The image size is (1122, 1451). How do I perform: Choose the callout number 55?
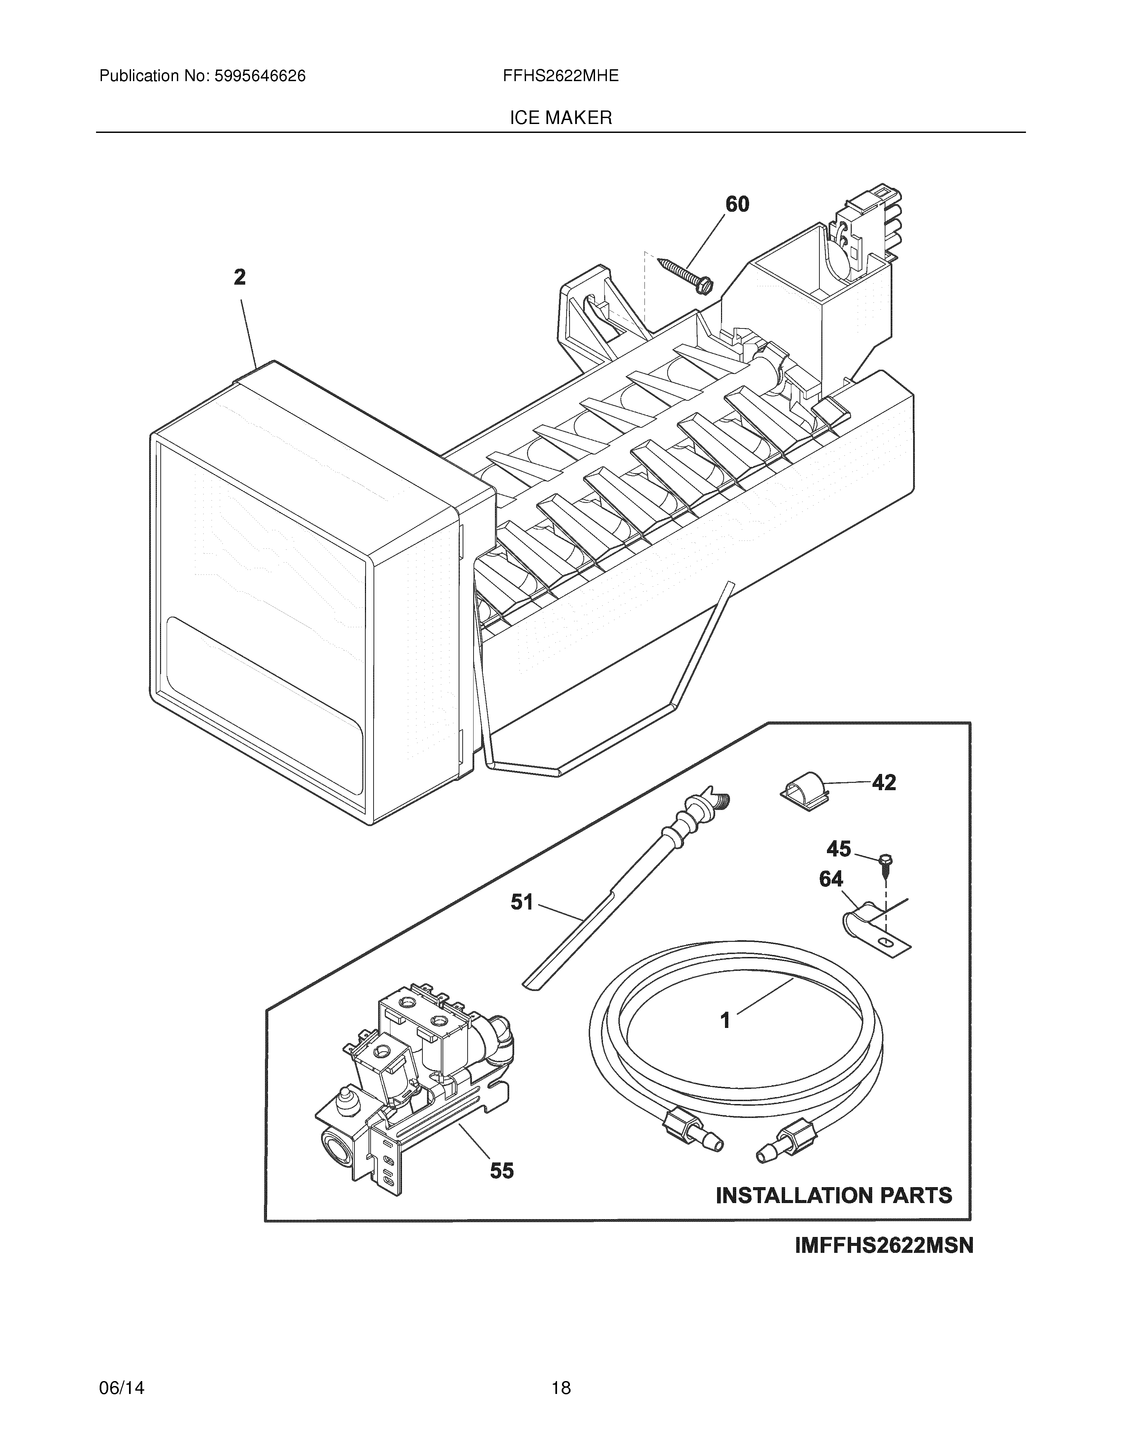tap(502, 1171)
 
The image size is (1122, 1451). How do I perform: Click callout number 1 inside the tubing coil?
tap(725, 1020)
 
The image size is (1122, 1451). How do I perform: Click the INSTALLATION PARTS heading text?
tap(834, 1196)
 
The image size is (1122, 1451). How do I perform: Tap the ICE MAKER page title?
tap(560, 118)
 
